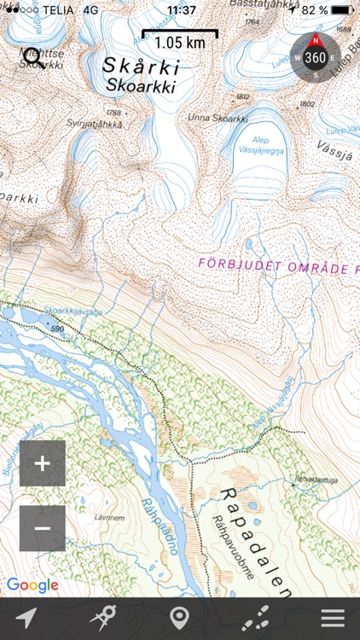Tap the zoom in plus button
coord(43,463)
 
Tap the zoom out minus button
coord(43,528)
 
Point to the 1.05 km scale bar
coord(179,39)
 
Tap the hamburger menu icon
coord(333,619)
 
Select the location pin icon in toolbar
coord(178,619)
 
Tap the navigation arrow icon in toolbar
coord(26,619)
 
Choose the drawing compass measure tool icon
coord(102,619)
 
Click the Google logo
coord(32,585)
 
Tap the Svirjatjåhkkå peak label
coord(95,124)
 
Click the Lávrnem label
coord(110,518)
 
